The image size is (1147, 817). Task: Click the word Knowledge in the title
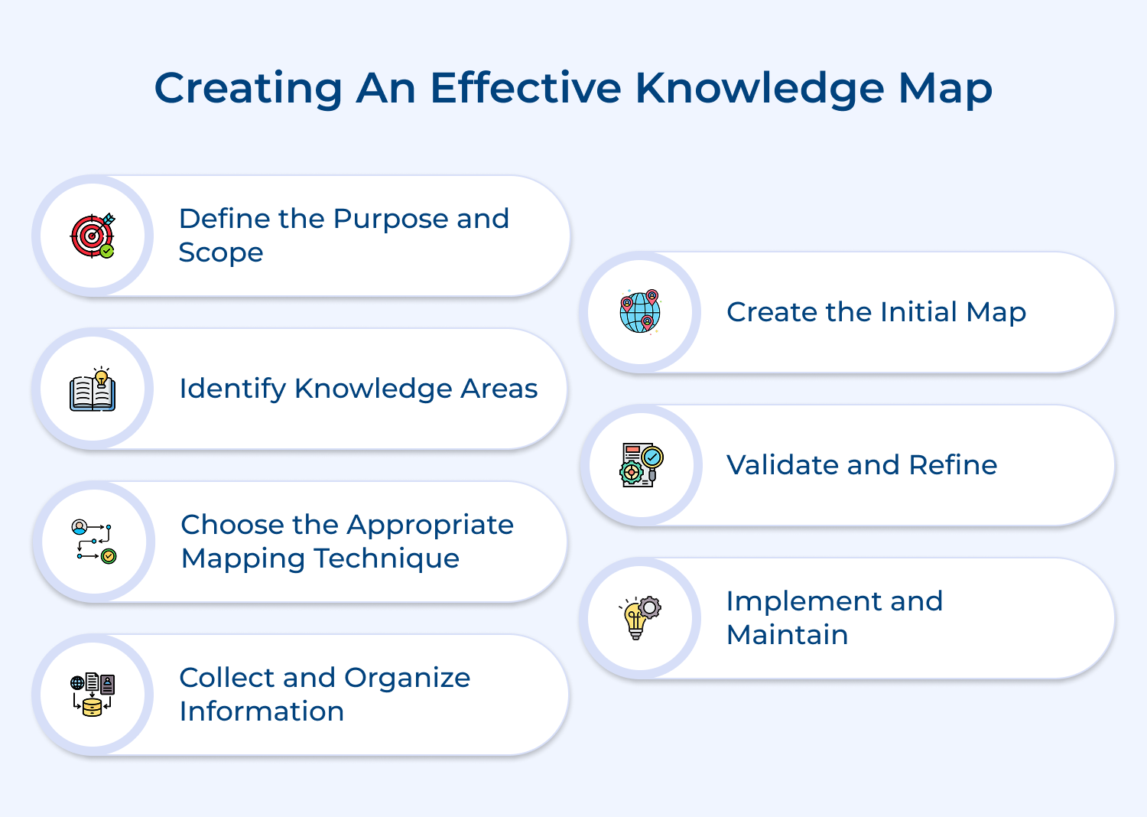click(x=759, y=89)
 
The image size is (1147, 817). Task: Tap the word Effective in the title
click(x=525, y=88)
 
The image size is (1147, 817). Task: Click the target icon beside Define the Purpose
click(x=93, y=236)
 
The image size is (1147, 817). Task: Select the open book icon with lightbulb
click(x=93, y=389)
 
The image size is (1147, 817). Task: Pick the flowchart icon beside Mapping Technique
click(x=93, y=542)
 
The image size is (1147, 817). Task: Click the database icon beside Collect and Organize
click(x=93, y=695)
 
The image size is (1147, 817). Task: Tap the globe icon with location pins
click(x=640, y=312)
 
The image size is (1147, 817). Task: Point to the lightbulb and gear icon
click(x=640, y=617)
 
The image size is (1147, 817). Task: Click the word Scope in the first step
click(x=220, y=253)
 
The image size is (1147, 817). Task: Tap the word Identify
click(x=232, y=389)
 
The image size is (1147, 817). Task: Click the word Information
click(x=262, y=711)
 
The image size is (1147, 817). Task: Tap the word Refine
click(x=953, y=465)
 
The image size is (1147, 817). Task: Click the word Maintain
click(x=787, y=635)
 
